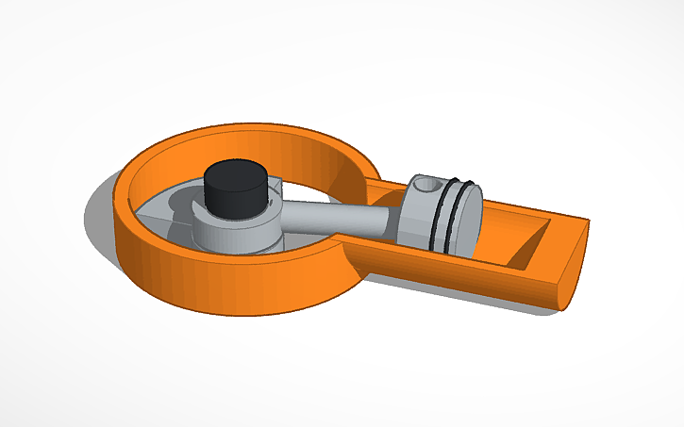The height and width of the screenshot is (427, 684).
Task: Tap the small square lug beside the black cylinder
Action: (x=275, y=188)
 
